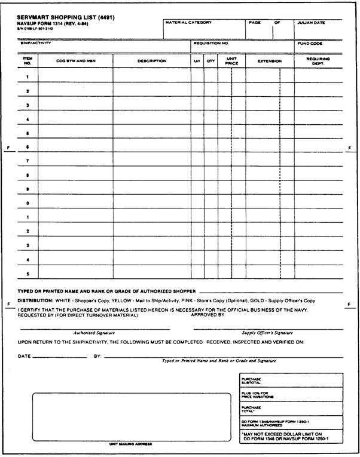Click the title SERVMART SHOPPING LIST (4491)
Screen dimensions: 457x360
click(66, 17)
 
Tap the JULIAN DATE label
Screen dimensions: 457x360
click(311, 23)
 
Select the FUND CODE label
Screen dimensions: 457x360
click(310, 43)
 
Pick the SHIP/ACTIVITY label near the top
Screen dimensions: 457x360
click(35, 43)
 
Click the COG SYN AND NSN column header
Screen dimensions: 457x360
click(76, 61)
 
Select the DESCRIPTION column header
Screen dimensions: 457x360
click(152, 61)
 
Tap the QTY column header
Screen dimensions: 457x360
click(210, 61)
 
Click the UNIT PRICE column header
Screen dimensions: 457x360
click(231, 61)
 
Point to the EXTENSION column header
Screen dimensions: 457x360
click(269, 61)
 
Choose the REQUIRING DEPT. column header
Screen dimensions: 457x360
click(318, 61)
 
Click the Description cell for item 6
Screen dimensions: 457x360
click(152, 147)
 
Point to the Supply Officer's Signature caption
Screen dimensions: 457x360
click(267, 333)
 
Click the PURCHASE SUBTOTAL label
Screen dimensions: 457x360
click(252, 381)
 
